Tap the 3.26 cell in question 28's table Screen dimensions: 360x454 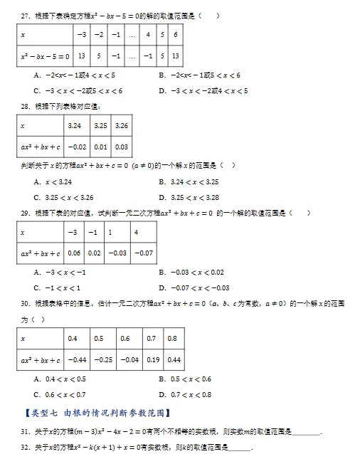point(122,125)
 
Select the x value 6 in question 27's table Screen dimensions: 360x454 point(175,34)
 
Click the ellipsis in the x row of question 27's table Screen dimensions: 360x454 point(132,34)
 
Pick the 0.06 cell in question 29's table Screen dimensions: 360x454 point(73,253)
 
